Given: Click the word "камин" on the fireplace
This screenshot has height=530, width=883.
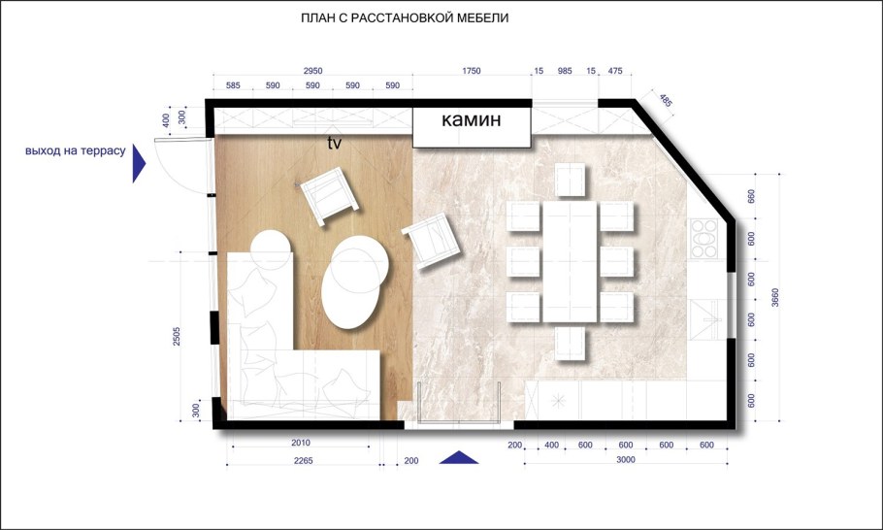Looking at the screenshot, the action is point(471,120).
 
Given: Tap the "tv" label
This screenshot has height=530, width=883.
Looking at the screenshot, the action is point(335,143).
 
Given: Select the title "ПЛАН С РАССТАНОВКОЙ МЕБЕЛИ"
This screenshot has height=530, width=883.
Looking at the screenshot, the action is point(405,18).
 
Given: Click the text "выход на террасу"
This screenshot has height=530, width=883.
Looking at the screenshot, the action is point(76,151).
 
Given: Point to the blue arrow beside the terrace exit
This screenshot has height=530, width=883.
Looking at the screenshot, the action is point(139,163).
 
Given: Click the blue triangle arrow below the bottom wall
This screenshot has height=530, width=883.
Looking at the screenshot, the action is point(458,457).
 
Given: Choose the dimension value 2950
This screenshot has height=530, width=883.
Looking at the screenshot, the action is point(312,71).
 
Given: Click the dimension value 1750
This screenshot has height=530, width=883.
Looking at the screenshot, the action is point(472,71).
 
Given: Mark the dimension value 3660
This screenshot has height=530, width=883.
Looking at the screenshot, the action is point(775,297).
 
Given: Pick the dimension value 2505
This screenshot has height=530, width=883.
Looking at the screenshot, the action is point(177,336).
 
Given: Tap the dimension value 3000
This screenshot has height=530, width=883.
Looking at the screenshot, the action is point(626,459).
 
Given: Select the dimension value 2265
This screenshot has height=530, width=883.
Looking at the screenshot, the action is point(303,461).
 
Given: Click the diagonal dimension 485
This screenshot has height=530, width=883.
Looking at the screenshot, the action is point(666,101).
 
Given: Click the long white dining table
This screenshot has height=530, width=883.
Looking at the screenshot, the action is point(570,262).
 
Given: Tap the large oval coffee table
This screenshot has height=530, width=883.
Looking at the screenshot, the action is point(354,282).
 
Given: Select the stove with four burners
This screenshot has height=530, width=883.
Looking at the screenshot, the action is point(703,239).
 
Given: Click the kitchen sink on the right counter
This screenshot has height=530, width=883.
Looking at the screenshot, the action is point(704,320).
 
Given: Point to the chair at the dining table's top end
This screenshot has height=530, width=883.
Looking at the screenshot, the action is point(570,180).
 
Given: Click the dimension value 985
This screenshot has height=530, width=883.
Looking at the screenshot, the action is point(565,71).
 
